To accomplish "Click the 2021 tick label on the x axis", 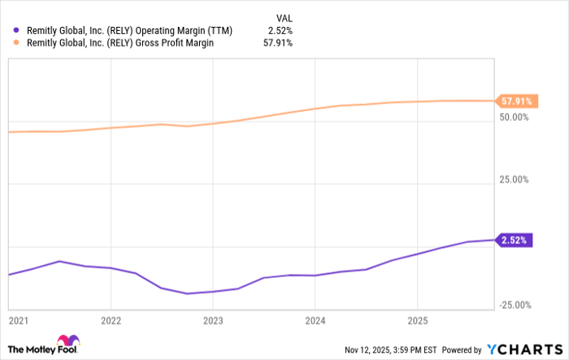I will [x=18, y=321].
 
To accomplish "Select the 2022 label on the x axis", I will [x=111, y=321].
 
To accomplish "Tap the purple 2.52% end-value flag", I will [x=515, y=241].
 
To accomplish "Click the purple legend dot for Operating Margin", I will [x=17, y=30].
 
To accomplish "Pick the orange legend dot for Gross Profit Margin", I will [x=17, y=43].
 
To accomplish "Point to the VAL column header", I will [x=283, y=16].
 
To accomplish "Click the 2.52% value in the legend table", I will [x=279, y=30].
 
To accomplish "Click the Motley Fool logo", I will [x=45, y=345].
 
